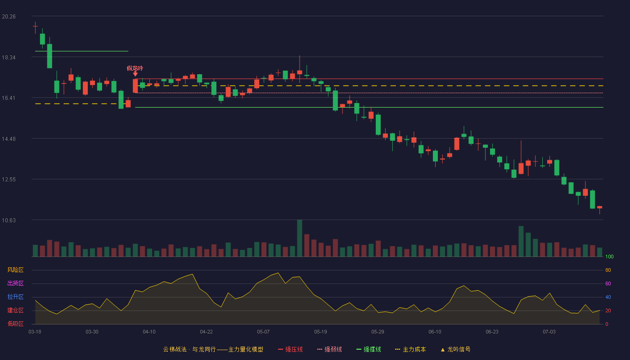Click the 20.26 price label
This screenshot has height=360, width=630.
[x=9, y=17]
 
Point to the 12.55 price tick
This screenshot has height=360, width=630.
[x=9, y=180]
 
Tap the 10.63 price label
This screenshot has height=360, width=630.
[x=9, y=220]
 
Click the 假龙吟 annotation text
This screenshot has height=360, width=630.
[x=135, y=68]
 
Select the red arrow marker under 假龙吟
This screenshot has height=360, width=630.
[x=135, y=74]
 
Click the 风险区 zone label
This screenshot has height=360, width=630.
[x=15, y=270]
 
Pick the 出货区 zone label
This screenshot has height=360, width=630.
[x=15, y=283]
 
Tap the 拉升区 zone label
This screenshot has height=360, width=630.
[x=15, y=297]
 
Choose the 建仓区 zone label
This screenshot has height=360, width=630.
[x=15, y=310]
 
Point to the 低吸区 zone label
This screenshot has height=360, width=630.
[x=15, y=324]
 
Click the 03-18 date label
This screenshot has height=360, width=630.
[x=35, y=332]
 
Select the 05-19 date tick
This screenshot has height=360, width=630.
[x=320, y=332]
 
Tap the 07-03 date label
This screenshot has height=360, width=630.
[x=549, y=332]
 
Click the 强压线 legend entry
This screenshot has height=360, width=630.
[x=290, y=349]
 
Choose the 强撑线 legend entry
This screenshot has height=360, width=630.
[x=369, y=349]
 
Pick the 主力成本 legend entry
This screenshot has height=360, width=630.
[x=410, y=349]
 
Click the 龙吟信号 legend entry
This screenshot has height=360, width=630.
[x=455, y=349]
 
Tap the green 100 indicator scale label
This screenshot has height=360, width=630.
[x=609, y=256]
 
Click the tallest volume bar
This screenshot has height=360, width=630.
[x=300, y=238]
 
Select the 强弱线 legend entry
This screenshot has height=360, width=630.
[x=329, y=349]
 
